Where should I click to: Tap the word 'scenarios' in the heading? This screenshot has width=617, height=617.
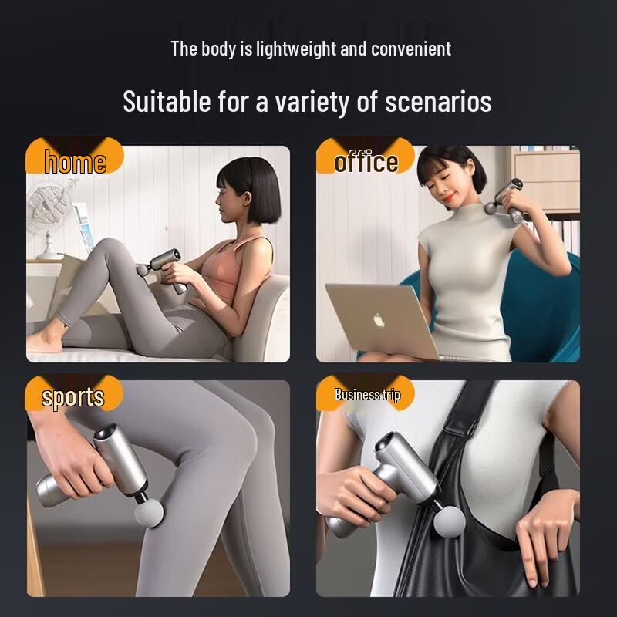[438, 102]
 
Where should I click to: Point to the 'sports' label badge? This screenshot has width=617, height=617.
[74, 393]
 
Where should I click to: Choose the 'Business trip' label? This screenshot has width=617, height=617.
[367, 394]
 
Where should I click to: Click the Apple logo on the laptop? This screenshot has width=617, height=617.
[379, 320]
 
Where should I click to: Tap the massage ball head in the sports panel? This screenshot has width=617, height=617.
[149, 512]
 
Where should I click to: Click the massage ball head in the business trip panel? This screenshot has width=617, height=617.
[449, 521]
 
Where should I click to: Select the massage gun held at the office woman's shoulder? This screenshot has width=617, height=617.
[505, 199]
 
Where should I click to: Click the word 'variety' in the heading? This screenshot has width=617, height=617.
[312, 103]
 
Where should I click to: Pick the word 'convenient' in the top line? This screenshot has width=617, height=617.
[411, 49]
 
